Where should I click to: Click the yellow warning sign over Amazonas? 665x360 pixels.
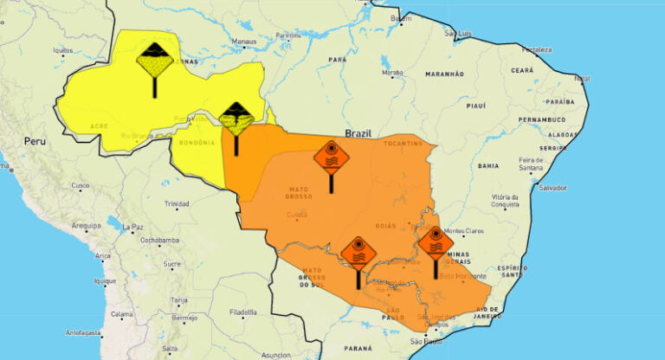pyautogui.click(x=155, y=61)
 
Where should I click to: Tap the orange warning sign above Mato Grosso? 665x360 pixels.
pyautogui.click(x=331, y=158)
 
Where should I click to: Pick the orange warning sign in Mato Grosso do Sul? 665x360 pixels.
pyautogui.click(x=358, y=254)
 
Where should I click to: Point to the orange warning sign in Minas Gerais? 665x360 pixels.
pyautogui.click(x=435, y=244)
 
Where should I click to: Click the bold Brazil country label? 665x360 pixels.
pyautogui.click(x=358, y=133)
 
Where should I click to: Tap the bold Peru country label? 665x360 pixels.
pyautogui.click(x=34, y=140)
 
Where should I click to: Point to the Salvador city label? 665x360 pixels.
pyautogui.click(x=551, y=187)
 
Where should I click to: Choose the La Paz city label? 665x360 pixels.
pyautogui.click(x=132, y=227)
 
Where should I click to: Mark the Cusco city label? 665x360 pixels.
pyautogui.click(x=81, y=185)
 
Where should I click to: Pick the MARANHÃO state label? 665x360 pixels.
pyautogui.click(x=444, y=74)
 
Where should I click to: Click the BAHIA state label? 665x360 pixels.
pyautogui.click(x=487, y=164)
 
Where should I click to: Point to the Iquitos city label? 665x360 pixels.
pyautogui.click(x=63, y=50)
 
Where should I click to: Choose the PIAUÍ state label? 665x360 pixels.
pyautogui.click(x=475, y=106)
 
